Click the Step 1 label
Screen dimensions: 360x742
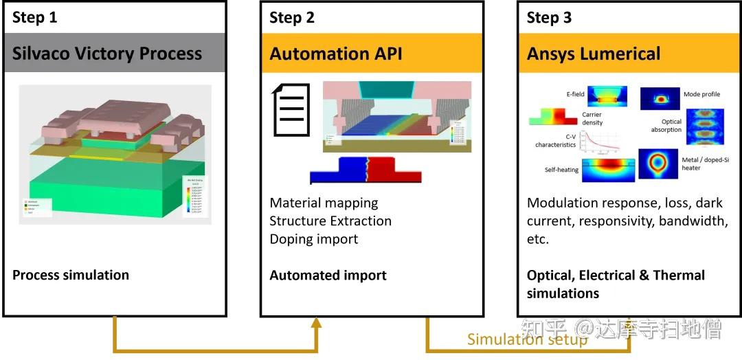(35, 18)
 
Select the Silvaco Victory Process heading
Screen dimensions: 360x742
(107, 54)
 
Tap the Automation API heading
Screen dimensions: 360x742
(336, 54)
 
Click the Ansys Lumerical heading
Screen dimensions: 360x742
(594, 54)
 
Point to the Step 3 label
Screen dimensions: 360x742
(549, 18)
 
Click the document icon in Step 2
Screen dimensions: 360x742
(289, 110)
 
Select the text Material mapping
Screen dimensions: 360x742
(324, 203)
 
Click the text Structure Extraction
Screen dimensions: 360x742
(330, 221)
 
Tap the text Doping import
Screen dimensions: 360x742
(313, 239)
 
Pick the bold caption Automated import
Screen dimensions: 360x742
(328, 275)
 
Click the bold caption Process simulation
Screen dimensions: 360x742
(71, 275)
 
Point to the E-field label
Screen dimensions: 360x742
(576, 94)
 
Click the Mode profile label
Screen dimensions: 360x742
(701, 94)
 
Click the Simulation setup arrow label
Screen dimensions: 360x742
(527, 339)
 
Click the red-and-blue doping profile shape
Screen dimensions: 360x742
(365, 170)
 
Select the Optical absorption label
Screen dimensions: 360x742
(666, 126)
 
